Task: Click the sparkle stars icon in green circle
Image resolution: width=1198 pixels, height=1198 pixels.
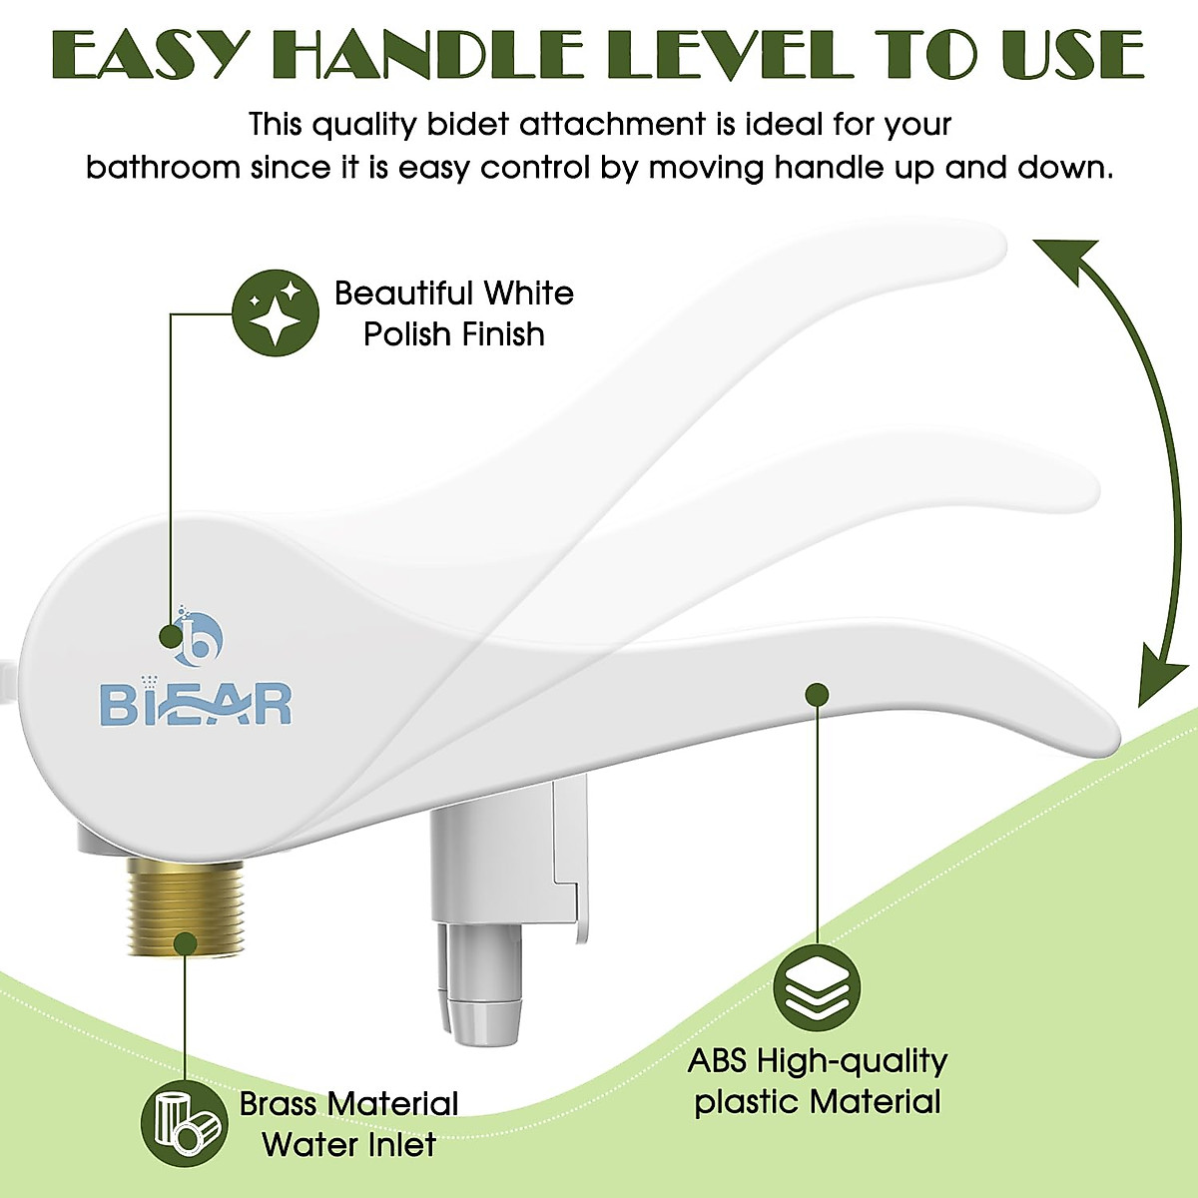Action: [276, 312]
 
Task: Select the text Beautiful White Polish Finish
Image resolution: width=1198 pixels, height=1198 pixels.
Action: [454, 313]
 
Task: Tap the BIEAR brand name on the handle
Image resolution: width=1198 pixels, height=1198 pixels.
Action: [196, 703]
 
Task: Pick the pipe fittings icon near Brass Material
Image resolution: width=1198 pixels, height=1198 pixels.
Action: [184, 1123]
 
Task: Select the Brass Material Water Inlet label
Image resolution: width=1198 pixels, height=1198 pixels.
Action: [348, 1124]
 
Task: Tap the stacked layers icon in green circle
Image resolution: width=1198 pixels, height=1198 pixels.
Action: [817, 988]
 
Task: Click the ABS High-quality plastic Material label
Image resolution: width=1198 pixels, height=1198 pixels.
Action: [817, 1081]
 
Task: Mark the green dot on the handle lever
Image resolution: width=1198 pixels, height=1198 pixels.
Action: [817, 694]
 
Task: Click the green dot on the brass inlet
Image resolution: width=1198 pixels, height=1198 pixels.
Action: [185, 942]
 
